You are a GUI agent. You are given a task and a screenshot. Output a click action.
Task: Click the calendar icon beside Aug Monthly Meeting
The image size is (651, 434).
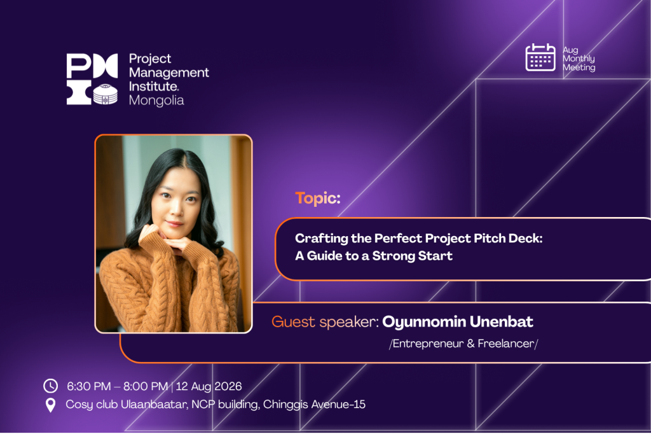pyautogui.click(x=540, y=57)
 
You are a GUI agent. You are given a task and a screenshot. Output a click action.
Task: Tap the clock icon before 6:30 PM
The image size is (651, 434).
pyautogui.click(x=51, y=386)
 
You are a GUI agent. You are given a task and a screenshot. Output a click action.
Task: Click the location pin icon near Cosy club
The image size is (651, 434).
pyautogui.click(x=50, y=405)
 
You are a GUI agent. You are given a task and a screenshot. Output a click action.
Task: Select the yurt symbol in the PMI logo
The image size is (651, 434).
pyautogui.click(x=105, y=94)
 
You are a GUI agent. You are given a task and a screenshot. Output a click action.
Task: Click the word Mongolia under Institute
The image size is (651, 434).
pyautogui.click(x=156, y=101)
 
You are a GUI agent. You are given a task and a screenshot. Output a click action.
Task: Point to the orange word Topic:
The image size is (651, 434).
pyautogui.click(x=318, y=199)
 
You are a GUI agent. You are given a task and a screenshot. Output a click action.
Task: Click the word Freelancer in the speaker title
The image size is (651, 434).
pyautogui.click(x=505, y=344)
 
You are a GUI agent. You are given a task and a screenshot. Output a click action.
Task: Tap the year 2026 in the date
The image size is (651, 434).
pyautogui.click(x=228, y=386)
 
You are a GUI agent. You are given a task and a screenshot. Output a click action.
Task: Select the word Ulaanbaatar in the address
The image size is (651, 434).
pyautogui.click(x=154, y=404)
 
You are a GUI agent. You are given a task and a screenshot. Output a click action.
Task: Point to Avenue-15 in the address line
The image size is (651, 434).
pyautogui.click(x=338, y=404)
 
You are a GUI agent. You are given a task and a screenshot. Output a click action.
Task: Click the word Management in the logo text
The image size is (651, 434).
pyautogui.click(x=168, y=73)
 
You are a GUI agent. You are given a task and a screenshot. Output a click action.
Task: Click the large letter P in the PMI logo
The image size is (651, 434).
pyautogui.click(x=79, y=66)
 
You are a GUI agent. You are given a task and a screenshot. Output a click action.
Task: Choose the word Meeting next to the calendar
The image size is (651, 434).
pyautogui.click(x=579, y=67)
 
